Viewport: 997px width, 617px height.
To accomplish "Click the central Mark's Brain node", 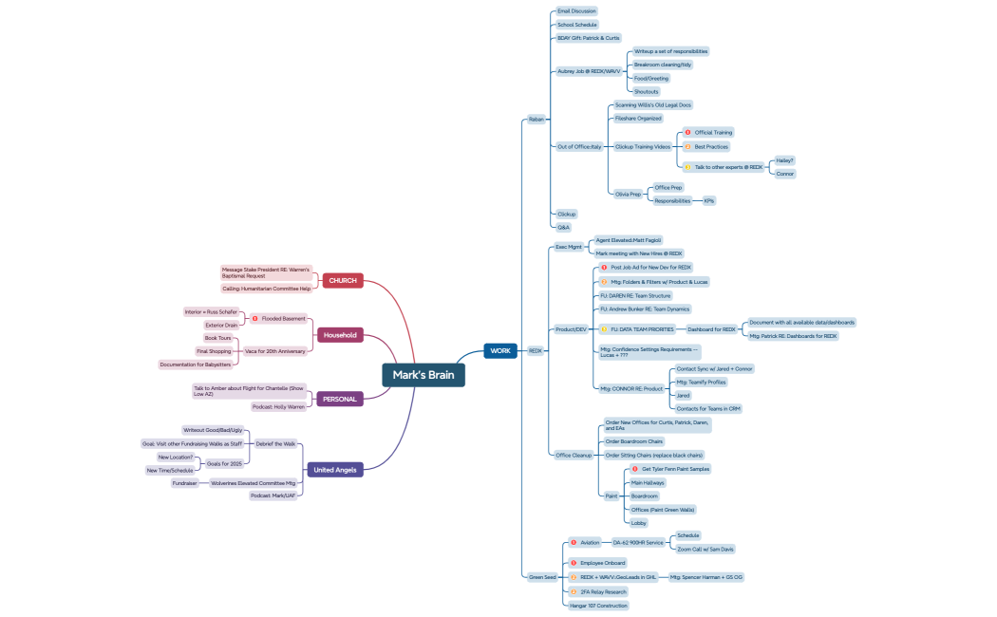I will pyautogui.click(x=423, y=375).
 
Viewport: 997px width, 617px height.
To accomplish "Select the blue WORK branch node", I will pyautogui.click(x=500, y=350).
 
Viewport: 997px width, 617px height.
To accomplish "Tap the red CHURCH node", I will pyautogui.click(x=343, y=280).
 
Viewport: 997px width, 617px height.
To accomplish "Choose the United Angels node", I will pyautogui.click(x=336, y=469).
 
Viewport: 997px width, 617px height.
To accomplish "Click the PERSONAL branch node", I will pyautogui.click(x=339, y=399).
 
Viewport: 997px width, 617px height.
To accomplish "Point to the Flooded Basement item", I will pyautogui.click(x=283, y=318).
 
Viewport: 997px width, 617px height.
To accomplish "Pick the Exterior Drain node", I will pyautogui.click(x=221, y=325).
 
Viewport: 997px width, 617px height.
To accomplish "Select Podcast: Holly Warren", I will pyautogui.click(x=278, y=406).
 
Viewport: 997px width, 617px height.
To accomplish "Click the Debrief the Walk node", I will pyautogui.click(x=276, y=443).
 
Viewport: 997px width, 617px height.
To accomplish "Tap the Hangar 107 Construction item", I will pyautogui.click(x=598, y=605).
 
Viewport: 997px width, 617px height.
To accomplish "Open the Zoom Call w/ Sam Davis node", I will pyautogui.click(x=705, y=549).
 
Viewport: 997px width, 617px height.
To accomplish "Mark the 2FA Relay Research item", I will pyautogui.click(x=603, y=591).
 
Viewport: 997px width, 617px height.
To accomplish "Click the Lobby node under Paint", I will pyautogui.click(x=640, y=522).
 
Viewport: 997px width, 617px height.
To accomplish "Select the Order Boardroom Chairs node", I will pyautogui.click(x=634, y=441).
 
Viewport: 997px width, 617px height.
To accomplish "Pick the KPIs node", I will pyautogui.click(x=709, y=200).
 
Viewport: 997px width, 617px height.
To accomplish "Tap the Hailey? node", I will pyautogui.click(x=784, y=160).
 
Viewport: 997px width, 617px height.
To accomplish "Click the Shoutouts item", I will pyautogui.click(x=647, y=91).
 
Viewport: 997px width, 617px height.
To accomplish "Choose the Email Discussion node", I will pyautogui.click(x=576, y=11).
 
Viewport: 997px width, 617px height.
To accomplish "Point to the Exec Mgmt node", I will pyautogui.click(x=569, y=247).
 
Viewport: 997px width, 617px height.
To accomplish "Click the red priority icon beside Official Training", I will pyautogui.click(x=687, y=132).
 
